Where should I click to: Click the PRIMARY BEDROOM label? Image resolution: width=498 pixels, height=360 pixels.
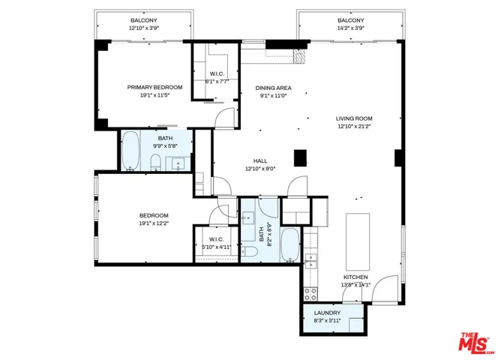click(x=154, y=87)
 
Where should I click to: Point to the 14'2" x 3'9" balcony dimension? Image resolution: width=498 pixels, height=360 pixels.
click(x=350, y=28)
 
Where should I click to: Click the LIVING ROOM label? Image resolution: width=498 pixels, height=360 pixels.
click(x=354, y=118)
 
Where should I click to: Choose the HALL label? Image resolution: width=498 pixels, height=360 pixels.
click(x=260, y=160)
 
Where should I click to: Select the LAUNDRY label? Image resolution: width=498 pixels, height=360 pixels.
click(x=327, y=313)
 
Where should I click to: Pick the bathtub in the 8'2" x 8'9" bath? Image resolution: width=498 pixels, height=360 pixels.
click(x=289, y=245)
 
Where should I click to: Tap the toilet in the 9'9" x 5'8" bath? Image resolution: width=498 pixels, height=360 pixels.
click(x=155, y=163)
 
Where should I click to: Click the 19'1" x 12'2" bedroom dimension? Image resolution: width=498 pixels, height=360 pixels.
click(x=153, y=223)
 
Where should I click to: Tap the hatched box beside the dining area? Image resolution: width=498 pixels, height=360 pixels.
click(x=300, y=57)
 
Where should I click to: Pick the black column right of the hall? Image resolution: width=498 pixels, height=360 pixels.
click(x=300, y=157)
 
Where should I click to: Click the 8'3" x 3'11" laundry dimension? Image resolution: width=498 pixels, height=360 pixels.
click(x=327, y=321)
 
